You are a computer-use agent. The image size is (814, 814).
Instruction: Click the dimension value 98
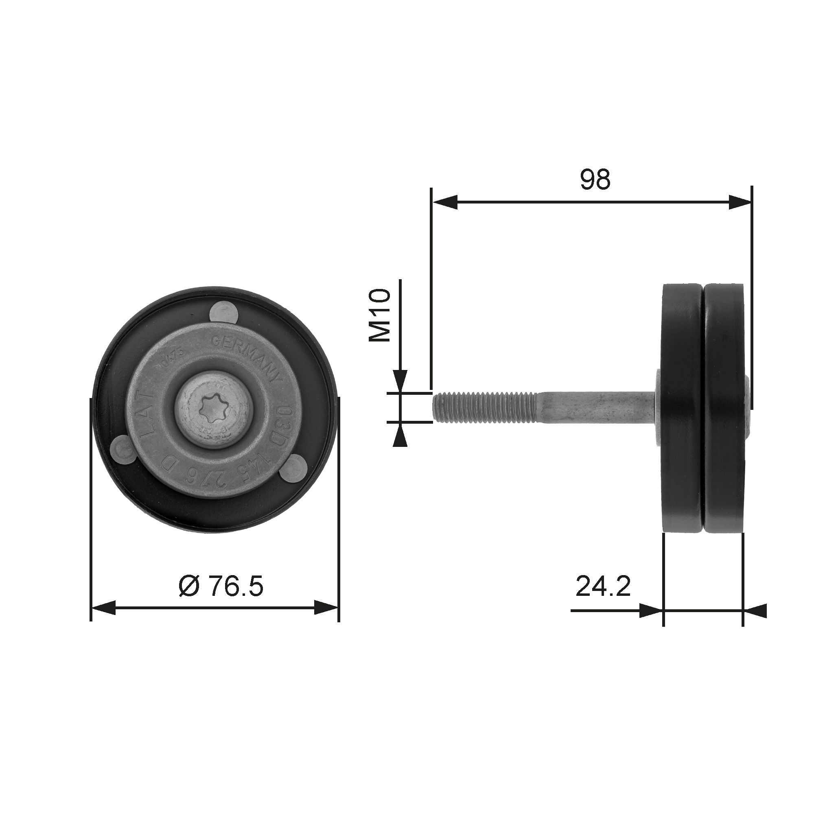pos(595,180)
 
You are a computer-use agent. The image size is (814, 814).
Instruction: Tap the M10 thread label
pos(380,315)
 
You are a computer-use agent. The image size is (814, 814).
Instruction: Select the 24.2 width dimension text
pos(603,586)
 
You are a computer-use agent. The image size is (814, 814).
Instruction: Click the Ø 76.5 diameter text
pos(221,586)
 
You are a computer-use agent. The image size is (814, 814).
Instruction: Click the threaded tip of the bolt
pos(484,407)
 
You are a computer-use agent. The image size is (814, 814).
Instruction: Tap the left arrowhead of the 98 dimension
pos(445,202)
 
